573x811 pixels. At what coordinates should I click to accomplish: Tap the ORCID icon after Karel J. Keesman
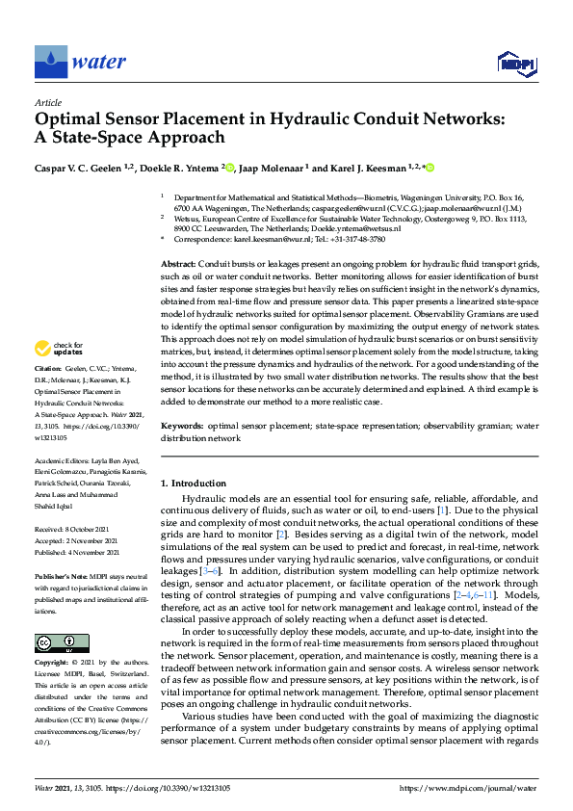[430, 168]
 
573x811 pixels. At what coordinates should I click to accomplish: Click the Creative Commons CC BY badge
[55, 642]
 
